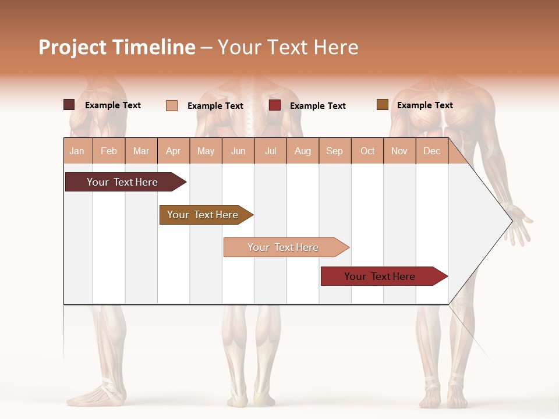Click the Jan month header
77,151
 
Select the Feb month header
109,151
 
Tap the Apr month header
173,151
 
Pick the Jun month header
238,151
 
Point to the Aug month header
302,151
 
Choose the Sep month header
334,151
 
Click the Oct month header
367,151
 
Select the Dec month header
431,151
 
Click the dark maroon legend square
69,105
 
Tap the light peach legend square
171,105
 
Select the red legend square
275,105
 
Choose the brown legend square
382,105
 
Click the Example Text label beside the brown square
424,105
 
